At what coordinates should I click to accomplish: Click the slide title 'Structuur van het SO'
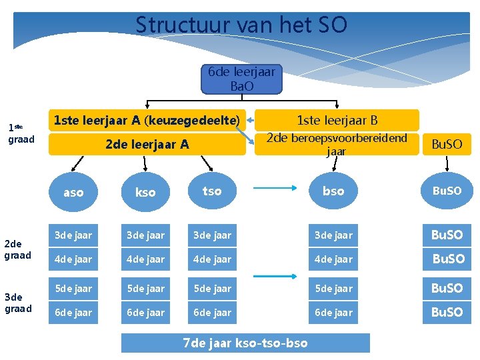[x=241, y=25]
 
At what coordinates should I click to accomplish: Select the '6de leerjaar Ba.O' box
[x=241, y=79]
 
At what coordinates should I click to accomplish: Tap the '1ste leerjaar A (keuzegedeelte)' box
[x=147, y=121]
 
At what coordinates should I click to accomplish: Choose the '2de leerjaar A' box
[x=147, y=144]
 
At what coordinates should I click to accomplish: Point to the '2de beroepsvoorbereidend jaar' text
[x=337, y=144]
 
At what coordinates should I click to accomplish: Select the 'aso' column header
[x=73, y=192]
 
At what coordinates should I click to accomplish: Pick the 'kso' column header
[x=145, y=192]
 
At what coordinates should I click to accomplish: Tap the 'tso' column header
[x=212, y=191]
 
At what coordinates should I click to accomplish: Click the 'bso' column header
[x=333, y=191]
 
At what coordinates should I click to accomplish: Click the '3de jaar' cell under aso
[x=73, y=235]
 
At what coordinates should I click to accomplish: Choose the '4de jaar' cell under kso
[x=145, y=259]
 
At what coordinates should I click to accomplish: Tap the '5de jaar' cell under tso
[x=212, y=288]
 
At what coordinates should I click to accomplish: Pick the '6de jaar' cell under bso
[x=333, y=312]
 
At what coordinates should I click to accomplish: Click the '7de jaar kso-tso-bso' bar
[x=245, y=343]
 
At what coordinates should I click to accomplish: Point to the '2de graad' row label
[x=17, y=249]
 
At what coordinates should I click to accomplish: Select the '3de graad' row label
[x=17, y=303]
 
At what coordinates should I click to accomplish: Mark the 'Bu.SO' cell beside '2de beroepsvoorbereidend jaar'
[x=447, y=144]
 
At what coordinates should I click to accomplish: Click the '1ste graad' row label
[x=20, y=133]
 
